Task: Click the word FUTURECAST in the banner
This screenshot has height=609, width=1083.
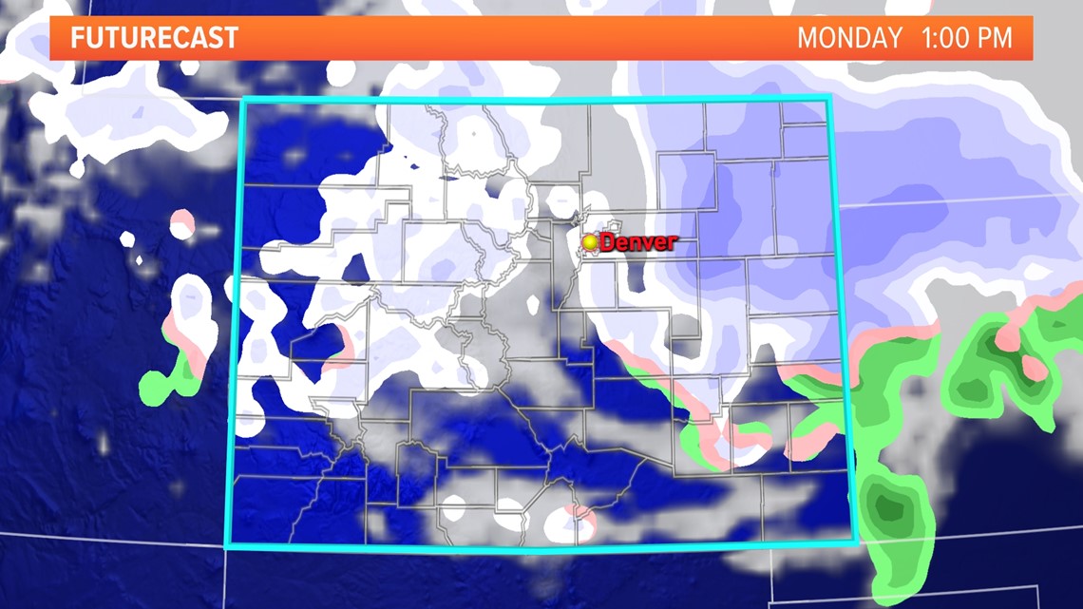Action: click(x=154, y=39)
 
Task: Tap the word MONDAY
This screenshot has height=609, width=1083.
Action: click(x=849, y=39)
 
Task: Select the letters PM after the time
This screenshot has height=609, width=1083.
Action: click(x=997, y=39)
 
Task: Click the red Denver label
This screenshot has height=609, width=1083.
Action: click(x=638, y=242)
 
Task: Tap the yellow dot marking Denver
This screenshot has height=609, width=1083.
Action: click(x=591, y=243)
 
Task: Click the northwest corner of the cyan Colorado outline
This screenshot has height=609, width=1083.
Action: click(x=243, y=100)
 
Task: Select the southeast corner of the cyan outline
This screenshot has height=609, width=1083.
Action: click(x=856, y=542)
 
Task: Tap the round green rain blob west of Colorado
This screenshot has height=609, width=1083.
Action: click(x=153, y=386)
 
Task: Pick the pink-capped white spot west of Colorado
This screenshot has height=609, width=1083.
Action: click(x=181, y=225)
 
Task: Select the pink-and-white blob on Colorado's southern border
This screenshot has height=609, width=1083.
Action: click(x=574, y=521)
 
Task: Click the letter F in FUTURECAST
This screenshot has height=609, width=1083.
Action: click(x=77, y=39)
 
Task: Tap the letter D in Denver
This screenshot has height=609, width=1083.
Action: click(x=609, y=242)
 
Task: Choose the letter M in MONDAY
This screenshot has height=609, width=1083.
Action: click(x=807, y=39)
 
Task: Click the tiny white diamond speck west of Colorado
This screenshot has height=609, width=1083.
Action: click(x=140, y=259)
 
